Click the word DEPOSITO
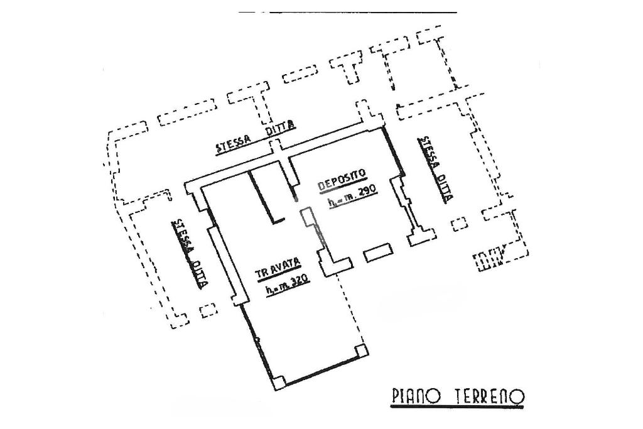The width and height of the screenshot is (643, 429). (x=342, y=180)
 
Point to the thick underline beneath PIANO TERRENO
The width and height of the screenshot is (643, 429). (x=457, y=407)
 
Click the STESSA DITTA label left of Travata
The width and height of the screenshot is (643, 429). (x=191, y=253)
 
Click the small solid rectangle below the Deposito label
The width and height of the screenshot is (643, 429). (x=378, y=253)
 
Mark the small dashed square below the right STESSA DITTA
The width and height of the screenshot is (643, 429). (x=460, y=224)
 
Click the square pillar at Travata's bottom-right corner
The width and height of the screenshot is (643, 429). (x=360, y=349)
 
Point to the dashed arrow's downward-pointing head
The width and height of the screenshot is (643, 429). (x=392, y=87)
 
